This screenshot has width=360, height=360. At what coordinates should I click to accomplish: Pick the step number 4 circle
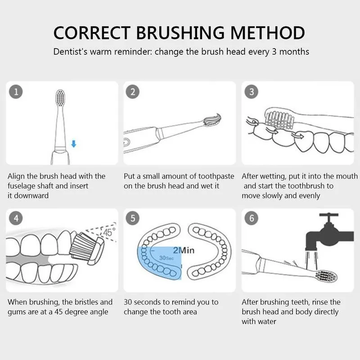click(16, 219)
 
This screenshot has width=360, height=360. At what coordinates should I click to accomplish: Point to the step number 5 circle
click(132, 219)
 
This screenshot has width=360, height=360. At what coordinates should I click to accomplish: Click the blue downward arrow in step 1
click(74, 144)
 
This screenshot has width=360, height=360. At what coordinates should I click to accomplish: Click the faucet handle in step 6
click(332, 216)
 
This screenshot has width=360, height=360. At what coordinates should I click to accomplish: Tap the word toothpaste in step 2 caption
click(213, 176)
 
